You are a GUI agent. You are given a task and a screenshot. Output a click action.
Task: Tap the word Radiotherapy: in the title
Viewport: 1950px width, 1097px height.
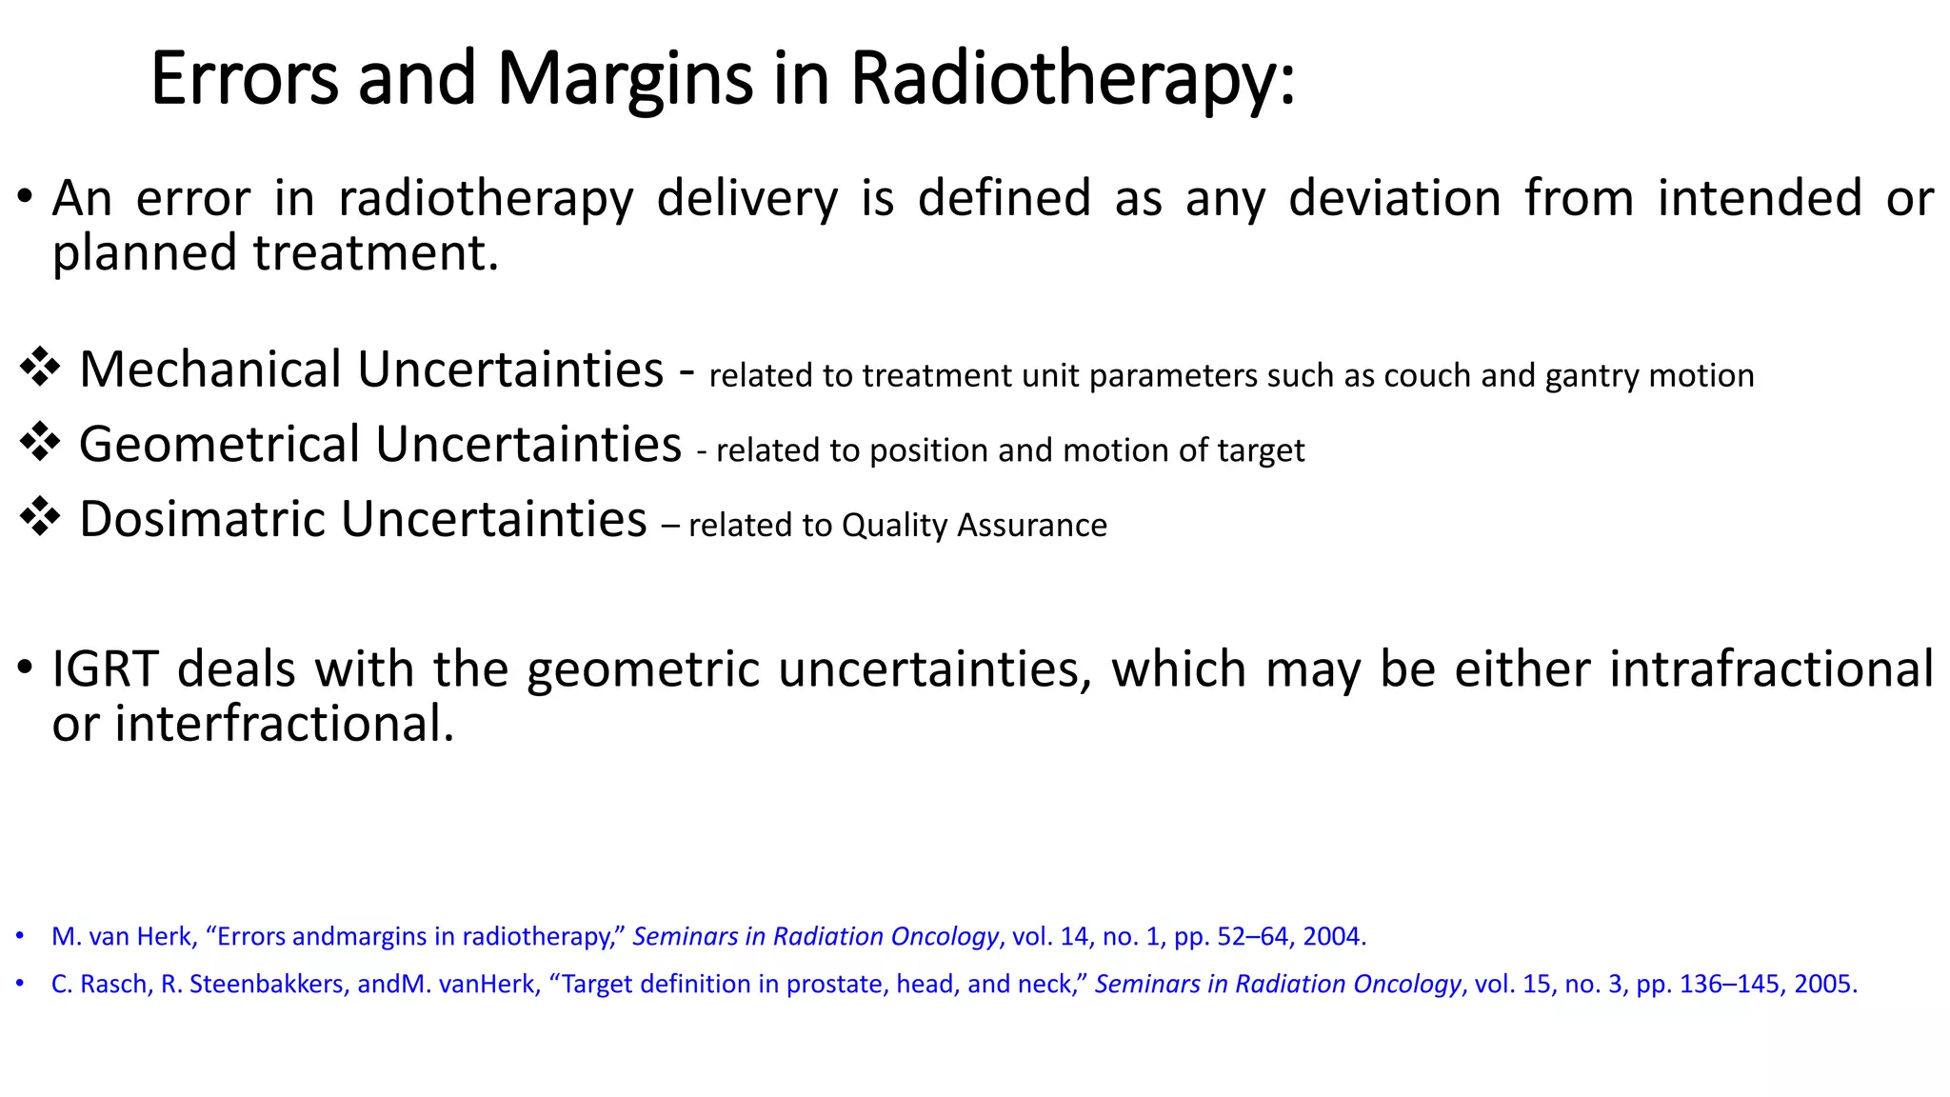1072,79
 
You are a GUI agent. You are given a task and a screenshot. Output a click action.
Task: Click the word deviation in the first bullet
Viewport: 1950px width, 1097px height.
1394,198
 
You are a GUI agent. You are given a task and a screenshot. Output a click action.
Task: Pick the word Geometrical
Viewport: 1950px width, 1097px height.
220,444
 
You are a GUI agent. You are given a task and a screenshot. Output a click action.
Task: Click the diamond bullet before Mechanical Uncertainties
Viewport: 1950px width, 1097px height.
40,368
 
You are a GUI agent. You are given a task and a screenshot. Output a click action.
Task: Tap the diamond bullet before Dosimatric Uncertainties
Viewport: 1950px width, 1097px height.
40,518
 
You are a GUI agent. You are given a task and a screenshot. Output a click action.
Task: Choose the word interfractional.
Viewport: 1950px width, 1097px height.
284,724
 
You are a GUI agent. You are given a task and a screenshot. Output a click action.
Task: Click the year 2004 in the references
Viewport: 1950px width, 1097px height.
1332,936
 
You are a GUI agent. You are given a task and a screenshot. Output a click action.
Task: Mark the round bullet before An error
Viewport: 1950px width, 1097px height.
25,198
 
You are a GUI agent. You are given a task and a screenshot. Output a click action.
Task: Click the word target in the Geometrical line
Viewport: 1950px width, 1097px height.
1259,450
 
